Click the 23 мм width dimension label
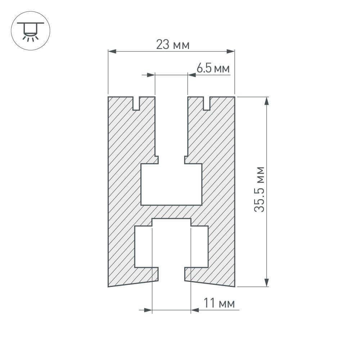pyautogui.click(x=173, y=44)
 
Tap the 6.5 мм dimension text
pyautogui.click(x=213, y=68)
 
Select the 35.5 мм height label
pyautogui.click(x=260, y=189)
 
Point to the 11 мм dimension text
pyautogui.click(x=219, y=303)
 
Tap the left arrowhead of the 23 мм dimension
pyautogui.click(x=112, y=51)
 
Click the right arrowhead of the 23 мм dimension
pyautogui.click(x=230, y=51)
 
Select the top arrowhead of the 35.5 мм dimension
pyautogui.click(x=266, y=101)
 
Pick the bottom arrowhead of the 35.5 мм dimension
pyautogui.click(x=266, y=283)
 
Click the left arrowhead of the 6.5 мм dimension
pyautogui.click(x=151, y=75)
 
